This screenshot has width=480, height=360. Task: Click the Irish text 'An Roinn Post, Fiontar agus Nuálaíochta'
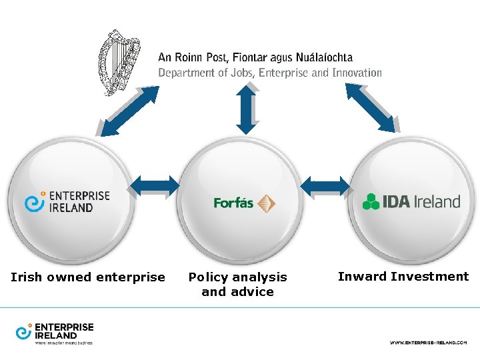[255, 58]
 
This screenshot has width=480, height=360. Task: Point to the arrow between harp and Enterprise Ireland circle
[127, 110]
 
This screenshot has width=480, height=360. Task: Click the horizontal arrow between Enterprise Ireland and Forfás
[155, 185]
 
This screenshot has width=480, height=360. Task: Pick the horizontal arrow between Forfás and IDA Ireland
[325, 185]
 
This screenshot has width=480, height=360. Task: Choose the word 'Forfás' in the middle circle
[233, 203]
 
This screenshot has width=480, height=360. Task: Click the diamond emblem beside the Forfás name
[267, 203]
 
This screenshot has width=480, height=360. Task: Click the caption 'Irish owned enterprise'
[88, 277]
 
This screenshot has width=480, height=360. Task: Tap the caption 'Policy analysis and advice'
[238, 284]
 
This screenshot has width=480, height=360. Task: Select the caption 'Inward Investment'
[403, 276]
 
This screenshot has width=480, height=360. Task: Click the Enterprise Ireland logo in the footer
[55, 333]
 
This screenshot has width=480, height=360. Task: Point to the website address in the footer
[428, 342]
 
